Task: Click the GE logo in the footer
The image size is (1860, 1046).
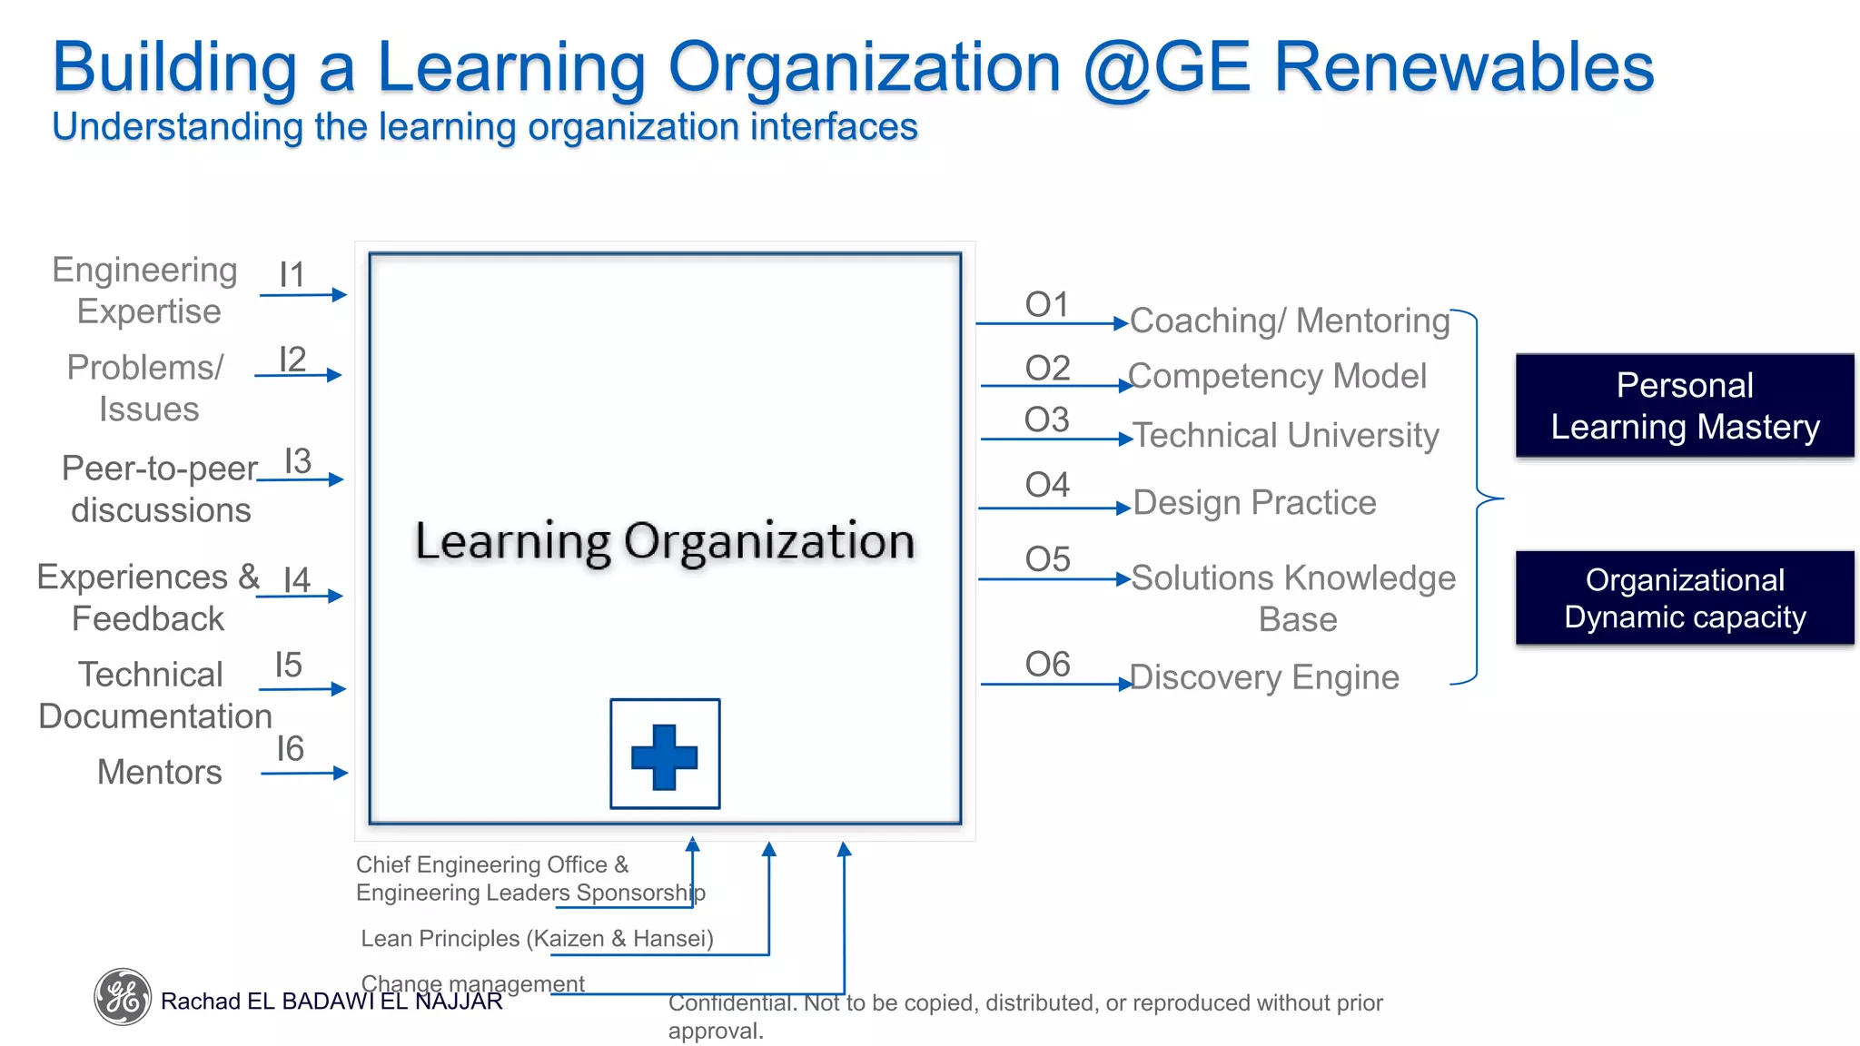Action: [123, 997]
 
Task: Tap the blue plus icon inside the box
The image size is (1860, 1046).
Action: [665, 755]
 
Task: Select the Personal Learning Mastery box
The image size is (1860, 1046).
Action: [1685, 406]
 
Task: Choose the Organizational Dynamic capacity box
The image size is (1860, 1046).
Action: [1685, 598]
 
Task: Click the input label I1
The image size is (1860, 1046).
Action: [292, 275]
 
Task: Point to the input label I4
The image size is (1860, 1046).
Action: [297, 580]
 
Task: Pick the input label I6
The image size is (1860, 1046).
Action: [290, 749]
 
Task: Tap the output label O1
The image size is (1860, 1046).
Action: [1047, 305]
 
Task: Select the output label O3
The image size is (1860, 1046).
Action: [1047, 420]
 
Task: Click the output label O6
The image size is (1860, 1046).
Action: [1048, 665]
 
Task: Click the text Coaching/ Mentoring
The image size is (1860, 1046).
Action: [1290, 321]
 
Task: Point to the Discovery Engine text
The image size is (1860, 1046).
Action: [1264, 677]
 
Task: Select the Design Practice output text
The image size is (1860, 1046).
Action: [1254, 502]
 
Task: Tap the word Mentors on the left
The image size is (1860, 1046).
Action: [160, 772]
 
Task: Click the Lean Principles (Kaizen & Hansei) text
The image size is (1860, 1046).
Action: [537, 938]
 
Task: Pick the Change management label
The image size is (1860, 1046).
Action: [472, 983]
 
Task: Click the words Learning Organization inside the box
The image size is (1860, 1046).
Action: [665, 541]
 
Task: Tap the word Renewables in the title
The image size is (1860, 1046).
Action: [1464, 67]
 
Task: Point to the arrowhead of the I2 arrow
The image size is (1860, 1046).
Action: [335, 375]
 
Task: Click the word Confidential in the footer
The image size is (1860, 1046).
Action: [730, 1002]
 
